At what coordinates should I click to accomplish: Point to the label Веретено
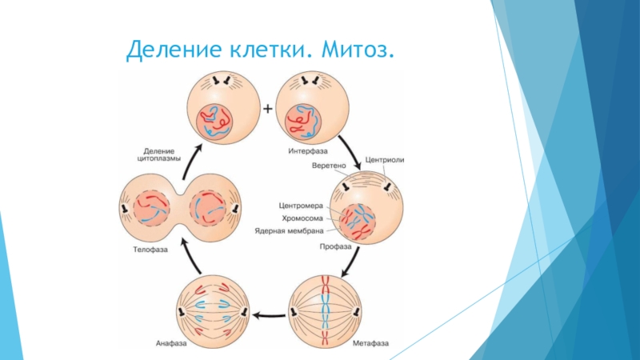click(328, 166)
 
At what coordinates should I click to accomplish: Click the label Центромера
click(301, 204)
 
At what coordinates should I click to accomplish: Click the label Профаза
click(336, 247)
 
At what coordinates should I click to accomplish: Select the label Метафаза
click(370, 344)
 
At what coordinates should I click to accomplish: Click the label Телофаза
click(149, 250)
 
